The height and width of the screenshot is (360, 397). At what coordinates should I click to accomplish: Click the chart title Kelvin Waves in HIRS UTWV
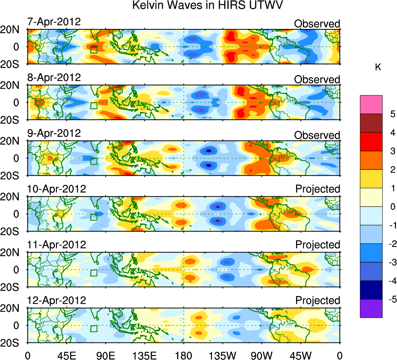[x=207, y=6]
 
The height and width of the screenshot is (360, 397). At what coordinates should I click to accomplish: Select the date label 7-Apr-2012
[x=54, y=22]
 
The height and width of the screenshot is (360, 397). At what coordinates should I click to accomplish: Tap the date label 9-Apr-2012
[x=54, y=133]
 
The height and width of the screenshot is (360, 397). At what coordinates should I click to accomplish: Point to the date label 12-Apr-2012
[x=56, y=301]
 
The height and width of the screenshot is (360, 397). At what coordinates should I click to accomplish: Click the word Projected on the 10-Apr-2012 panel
[x=318, y=189]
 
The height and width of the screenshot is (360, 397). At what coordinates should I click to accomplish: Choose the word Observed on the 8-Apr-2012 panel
[x=317, y=79]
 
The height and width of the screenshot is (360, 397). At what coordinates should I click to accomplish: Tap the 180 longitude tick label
[x=183, y=355]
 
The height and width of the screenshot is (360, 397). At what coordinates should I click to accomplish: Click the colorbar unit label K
[x=378, y=67]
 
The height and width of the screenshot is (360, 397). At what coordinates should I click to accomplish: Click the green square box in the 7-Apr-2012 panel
[x=93, y=49]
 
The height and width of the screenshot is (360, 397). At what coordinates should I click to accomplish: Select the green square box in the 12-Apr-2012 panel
[x=93, y=328]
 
